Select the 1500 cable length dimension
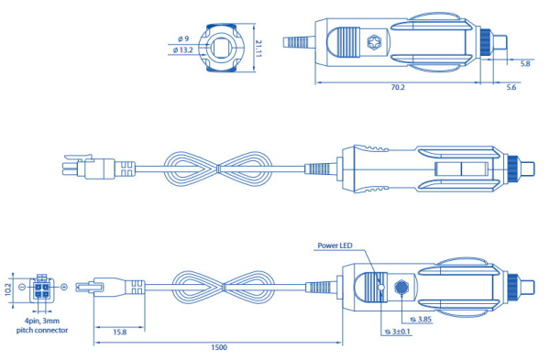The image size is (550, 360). (218, 347)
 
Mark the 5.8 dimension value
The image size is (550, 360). (524, 64)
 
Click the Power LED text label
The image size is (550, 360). (335, 246)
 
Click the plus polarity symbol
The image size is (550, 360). (64, 287)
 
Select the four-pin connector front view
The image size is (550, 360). (42, 287)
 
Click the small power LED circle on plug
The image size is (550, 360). (380, 287)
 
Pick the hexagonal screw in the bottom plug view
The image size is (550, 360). (401, 287)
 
